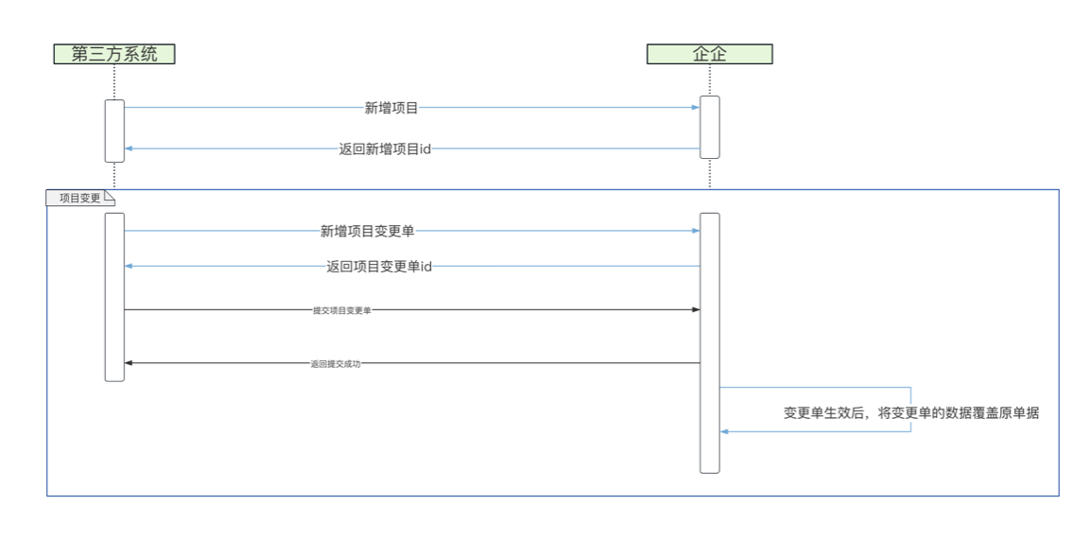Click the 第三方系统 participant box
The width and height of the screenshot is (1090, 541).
pyautogui.click(x=113, y=54)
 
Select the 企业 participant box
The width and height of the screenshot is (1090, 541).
pyautogui.click(x=709, y=54)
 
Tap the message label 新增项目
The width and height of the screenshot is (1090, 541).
pyautogui.click(x=391, y=108)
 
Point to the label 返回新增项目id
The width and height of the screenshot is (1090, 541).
pyautogui.click(x=385, y=148)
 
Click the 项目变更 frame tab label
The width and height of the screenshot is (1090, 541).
pyautogui.click(x=79, y=198)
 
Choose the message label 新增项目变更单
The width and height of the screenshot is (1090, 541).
pyautogui.click(x=367, y=231)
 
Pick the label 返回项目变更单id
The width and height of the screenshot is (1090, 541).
pyautogui.click(x=379, y=267)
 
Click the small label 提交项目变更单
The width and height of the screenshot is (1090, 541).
pyautogui.click(x=341, y=310)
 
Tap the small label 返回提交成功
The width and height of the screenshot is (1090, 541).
pyautogui.click(x=335, y=363)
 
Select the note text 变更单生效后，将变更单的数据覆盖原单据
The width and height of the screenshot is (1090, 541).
pyautogui.click(x=911, y=413)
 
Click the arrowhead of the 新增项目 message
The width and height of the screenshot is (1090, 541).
pyautogui.click(x=696, y=108)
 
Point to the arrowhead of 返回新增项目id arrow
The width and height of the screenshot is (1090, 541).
pyautogui.click(x=130, y=148)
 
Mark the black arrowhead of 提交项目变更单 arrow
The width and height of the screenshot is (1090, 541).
pyautogui.click(x=696, y=310)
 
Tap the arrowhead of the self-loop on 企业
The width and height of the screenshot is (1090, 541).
pyautogui.click(x=725, y=431)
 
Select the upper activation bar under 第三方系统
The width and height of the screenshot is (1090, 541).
pyautogui.click(x=114, y=131)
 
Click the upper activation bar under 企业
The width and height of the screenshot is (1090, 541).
pyautogui.click(x=710, y=127)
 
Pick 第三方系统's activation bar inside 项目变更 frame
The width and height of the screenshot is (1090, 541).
pyautogui.click(x=114, y=297)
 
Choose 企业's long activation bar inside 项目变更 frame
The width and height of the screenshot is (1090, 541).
pyautogui.click(x=710, y=342)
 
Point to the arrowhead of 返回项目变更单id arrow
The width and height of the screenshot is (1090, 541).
pyautogui.click(x=130, y=267)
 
